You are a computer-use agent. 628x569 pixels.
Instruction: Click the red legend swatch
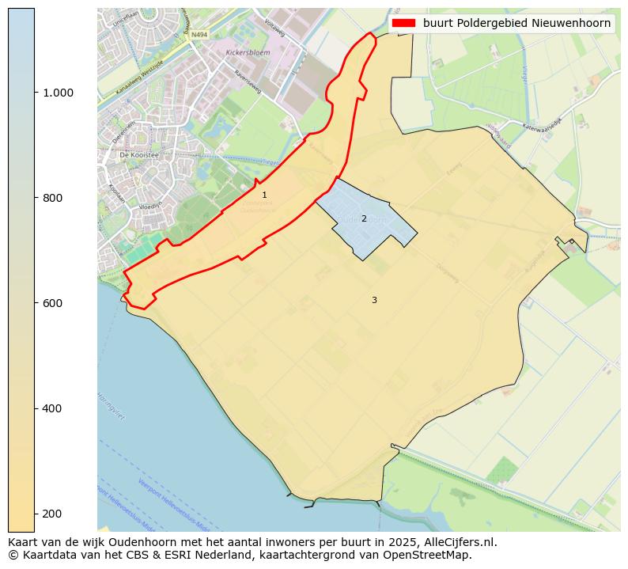[404, 24]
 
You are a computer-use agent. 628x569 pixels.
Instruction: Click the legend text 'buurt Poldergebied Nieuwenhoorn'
[516, 24]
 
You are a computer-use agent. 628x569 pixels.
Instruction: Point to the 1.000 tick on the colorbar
[59, 93]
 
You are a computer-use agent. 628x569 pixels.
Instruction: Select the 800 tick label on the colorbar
[53, 198]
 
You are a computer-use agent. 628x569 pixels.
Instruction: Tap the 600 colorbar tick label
[53, 303]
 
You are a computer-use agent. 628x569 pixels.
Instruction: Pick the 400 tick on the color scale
[53, 408]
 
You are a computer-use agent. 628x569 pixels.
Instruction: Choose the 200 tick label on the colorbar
[53, 514]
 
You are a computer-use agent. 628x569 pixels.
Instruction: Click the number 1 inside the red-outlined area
[264, 195]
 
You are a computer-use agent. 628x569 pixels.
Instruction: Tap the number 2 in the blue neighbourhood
[364, 218]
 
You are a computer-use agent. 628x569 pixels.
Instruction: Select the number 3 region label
[374, 300]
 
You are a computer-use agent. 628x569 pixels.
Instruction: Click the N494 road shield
[199, 35]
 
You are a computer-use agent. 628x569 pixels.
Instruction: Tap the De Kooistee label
[139, 156]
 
